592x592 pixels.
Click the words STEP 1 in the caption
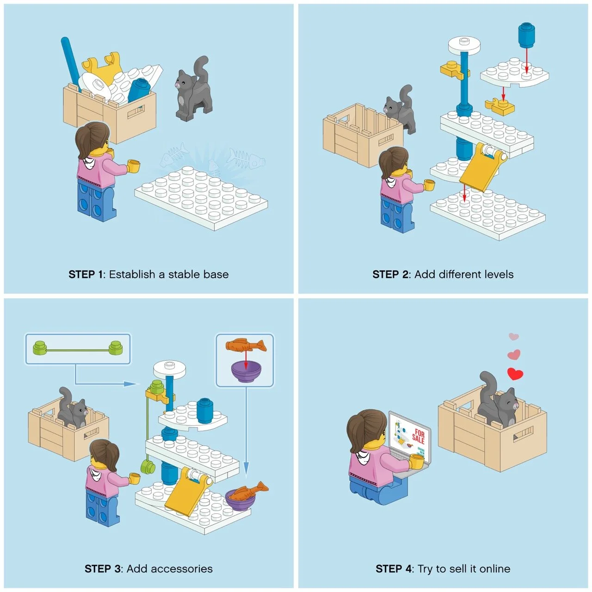(85, 274)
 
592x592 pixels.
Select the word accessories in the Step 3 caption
(170, 569)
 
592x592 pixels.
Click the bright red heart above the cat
(515, 374)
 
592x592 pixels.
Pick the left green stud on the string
(40, 348)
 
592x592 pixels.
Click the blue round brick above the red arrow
(527, 35)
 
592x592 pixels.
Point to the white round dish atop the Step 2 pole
(464, 45)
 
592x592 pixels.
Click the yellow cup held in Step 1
(134, 166)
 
